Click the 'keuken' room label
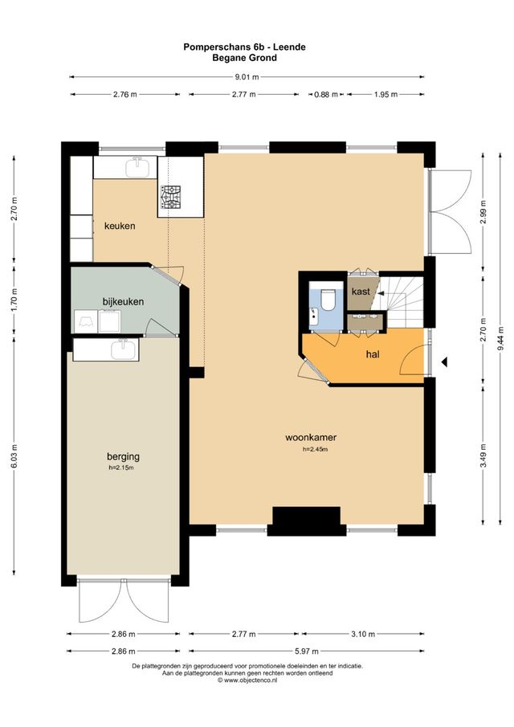tap(120, 226)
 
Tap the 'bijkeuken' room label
tap(123, 301)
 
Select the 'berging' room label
tap(123, 456)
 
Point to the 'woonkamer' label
tap(310, 438)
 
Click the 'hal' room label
tap(373, 353)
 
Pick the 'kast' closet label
tap(361, 292)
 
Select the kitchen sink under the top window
tap(136, 168)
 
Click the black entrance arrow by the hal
tap(444, 365)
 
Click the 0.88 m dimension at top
tap(325, 95)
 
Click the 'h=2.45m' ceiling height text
tap(314, 450)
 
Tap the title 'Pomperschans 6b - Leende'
tap(245, 47)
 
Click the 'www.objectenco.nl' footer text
tap(250, 680)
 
